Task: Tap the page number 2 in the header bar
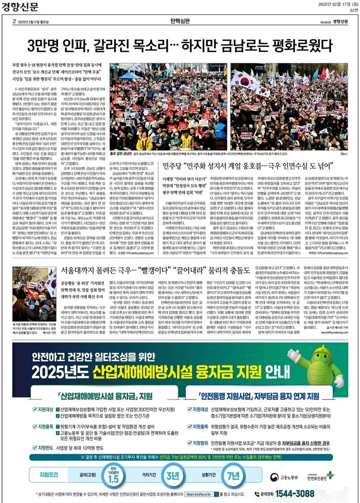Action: (14, 22)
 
